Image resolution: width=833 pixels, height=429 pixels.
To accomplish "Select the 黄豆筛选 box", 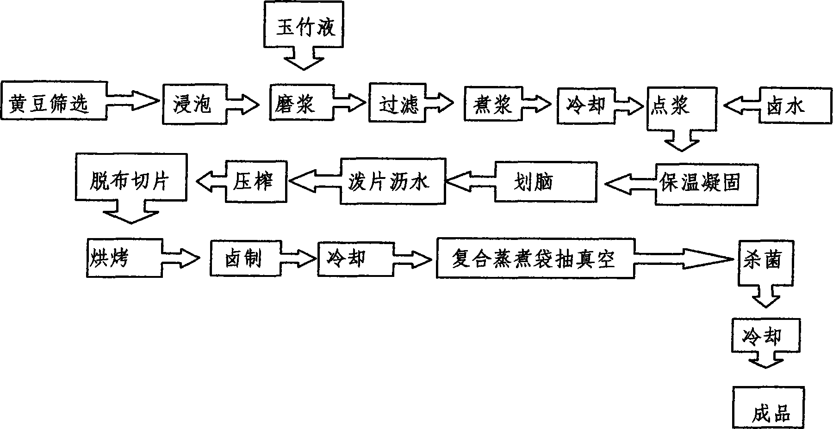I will pos(53,102).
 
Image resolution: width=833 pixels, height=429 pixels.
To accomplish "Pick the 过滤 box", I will pos(397,104).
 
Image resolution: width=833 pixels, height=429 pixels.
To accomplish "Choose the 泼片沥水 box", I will pos(392,181).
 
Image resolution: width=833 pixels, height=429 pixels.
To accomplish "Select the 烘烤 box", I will pos(124,257).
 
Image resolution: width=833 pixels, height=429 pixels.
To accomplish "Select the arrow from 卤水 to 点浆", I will pos(741,106).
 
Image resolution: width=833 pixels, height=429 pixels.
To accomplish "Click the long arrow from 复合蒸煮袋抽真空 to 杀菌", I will pos(685,259).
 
